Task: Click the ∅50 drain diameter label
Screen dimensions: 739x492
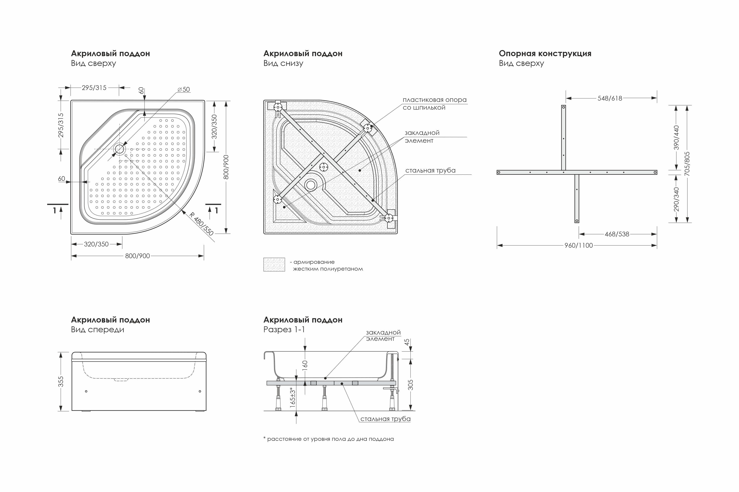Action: point(184,89)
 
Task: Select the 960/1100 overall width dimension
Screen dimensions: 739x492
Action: point(579,245)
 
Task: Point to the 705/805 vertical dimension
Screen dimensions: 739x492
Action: point(687,164)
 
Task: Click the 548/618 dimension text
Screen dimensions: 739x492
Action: point(610,98)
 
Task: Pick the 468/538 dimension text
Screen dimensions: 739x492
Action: point(617,234)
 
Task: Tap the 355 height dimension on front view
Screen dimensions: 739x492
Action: point(61,381)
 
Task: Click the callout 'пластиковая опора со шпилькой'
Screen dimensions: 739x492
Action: point(435,103)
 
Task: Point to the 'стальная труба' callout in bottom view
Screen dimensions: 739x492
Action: point(430,170)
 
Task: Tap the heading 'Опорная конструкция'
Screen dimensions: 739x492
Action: point(545,53)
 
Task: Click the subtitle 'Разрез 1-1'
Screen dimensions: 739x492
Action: point(284,329)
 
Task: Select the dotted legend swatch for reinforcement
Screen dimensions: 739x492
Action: point(274,264)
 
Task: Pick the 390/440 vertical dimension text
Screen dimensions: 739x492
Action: point(676,137)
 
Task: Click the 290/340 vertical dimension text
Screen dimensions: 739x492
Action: point(676,199)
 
